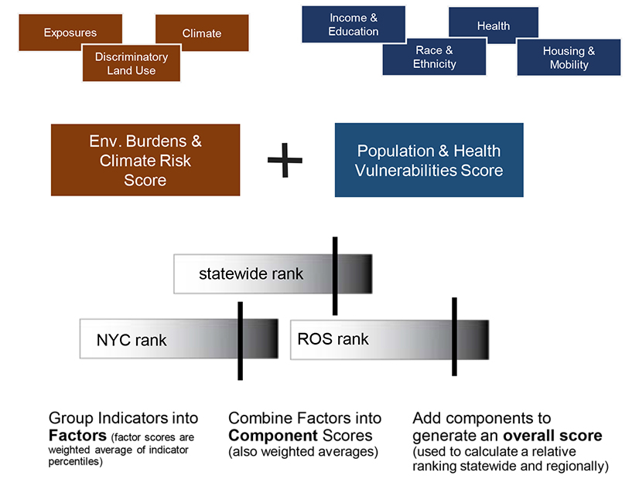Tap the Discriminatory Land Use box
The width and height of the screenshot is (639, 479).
click(x=132, y=63)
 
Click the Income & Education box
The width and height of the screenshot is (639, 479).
click(x=354, y=25)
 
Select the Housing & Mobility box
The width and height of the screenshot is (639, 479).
click(x=569, y=58)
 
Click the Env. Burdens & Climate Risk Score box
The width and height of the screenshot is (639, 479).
click(x=145, y=160)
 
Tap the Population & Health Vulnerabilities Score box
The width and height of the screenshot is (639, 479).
click(x=429, y=160)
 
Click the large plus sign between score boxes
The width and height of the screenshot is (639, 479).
click(x=285, y=160)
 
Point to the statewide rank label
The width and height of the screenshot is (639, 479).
click(x=251, y=273)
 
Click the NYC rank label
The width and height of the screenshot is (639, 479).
click(x=132, y=340)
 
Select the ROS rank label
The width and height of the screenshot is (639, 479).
click(x=333, y=339)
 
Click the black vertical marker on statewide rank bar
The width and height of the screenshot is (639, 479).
click(x=335, y=276)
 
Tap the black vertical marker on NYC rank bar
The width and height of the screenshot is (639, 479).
click(x=241, y=341)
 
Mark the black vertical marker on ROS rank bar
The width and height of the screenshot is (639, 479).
click(x=454, y=337)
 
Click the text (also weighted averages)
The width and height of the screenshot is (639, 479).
click(x=302, y=451)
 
